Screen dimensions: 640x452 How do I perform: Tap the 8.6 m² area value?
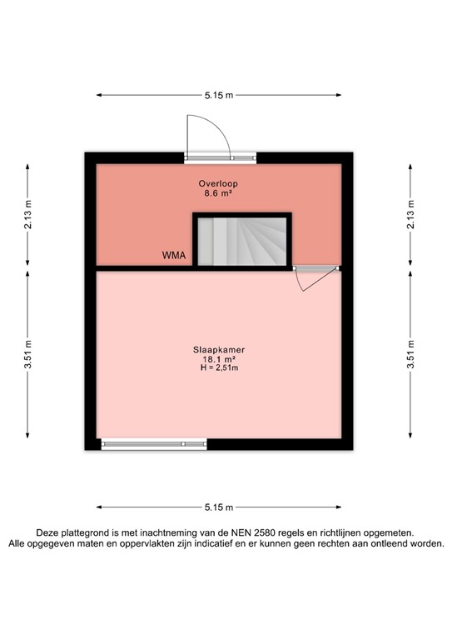217,193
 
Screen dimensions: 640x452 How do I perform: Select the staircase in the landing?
242,241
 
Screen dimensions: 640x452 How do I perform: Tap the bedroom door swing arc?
307,281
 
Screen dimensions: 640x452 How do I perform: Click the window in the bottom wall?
153,444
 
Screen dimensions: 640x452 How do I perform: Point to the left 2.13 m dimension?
27,212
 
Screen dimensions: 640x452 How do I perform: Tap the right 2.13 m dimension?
410,212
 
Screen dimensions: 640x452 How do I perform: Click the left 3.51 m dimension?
27,354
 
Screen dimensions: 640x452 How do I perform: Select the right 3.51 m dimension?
410,354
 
